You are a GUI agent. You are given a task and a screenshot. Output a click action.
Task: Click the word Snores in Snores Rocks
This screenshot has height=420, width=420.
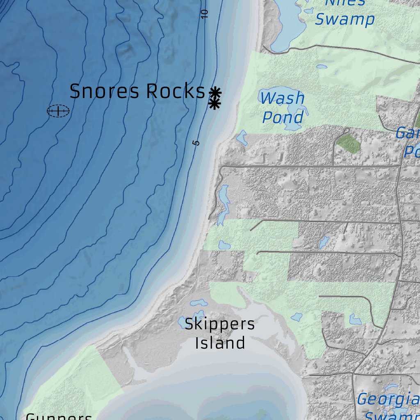pyautogui.click(x=105, y=91)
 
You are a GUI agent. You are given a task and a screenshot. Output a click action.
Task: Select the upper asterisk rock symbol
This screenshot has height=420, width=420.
pyautogui.click(x=215, y=92)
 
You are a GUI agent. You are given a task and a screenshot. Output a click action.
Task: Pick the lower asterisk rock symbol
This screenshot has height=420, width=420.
pyautogui.click(x=214, y=104)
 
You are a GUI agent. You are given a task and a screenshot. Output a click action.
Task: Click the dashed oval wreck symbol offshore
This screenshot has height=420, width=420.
pyautogui.click(x=58, y=111)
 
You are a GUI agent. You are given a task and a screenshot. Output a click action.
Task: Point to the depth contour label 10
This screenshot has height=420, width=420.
pyautogui.click(x=205, y=14)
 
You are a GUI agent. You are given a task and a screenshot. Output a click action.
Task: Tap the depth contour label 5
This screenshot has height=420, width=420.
pyautogui.click(x=196, y=142)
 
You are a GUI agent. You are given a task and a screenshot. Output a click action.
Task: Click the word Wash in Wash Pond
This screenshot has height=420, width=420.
pyautogui.click(x=282, y=98)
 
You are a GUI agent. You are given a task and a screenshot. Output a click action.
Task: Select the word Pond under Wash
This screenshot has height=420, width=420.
pyautogui.click(x=282, y=117)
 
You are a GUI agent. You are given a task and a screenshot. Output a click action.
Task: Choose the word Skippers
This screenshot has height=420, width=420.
pyautogui.click(x=219, y=324)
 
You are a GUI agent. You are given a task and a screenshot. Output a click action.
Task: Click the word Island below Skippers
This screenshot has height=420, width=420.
pyautogui.click(x=220, y=343)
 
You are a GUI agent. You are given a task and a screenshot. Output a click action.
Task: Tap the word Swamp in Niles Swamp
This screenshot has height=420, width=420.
pyautogui.click(x=345, y=19)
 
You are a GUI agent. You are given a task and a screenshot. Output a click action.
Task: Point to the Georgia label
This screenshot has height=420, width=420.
pyautogui.click(x=388, y=399)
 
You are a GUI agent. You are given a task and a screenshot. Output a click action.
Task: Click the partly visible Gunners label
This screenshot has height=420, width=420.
pyautogui.click(x=59, y=416)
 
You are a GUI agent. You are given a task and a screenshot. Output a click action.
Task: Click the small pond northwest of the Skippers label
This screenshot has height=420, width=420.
pyautogui.click(x=199, y=304)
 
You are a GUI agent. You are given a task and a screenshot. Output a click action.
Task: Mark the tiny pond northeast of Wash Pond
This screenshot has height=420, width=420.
pyautogui.click(x=321, y=66)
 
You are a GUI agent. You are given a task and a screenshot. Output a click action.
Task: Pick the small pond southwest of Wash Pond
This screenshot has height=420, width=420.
pyautogui.click(x=242, y=138)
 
